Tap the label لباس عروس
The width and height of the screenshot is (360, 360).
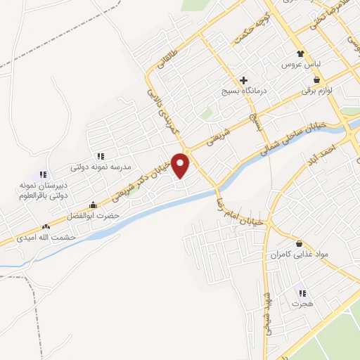point(301,64)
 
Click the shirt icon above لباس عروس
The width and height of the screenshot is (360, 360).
point(301,53)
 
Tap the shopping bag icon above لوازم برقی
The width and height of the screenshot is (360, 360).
point(318,79)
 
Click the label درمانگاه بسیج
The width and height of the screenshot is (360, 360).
point(242,92)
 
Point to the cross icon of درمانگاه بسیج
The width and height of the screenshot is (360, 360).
point(244,80)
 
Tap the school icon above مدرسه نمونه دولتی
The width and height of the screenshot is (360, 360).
point(100,155)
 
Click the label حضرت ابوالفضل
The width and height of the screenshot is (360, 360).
point(93,215)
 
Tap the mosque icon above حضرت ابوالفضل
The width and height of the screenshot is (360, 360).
point(93,205)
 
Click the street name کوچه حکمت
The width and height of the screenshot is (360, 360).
point(247,30)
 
